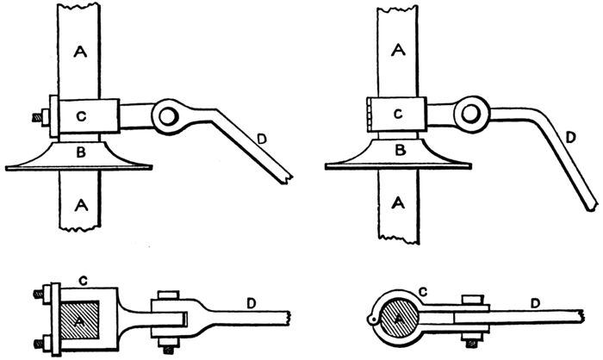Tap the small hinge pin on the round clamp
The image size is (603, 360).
(x=371, y=324)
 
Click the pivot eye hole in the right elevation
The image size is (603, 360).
(x=469, y=113)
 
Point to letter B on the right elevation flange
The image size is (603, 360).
(x=398, y=149)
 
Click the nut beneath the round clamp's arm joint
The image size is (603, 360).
(x=470, y=338)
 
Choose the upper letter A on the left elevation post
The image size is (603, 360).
(x=81, y=53)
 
